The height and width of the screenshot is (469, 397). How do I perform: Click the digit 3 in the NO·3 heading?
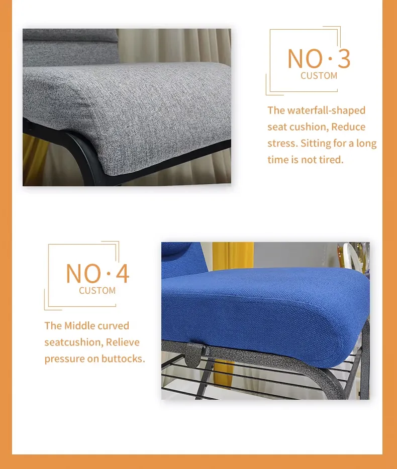344,58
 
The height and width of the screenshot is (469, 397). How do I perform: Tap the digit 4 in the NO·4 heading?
123,273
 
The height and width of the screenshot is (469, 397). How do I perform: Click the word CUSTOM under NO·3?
319,76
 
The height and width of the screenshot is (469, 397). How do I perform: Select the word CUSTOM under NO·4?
97,290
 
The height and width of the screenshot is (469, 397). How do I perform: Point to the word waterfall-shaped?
326,110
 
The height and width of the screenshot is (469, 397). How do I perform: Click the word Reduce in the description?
348,127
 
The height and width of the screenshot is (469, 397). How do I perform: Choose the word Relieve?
123,342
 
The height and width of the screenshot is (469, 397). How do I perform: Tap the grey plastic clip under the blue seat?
195,354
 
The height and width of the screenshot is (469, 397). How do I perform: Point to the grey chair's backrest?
71,47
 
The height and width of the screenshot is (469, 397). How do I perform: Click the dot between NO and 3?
330,59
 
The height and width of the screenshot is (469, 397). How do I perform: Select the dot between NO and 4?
109,273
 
